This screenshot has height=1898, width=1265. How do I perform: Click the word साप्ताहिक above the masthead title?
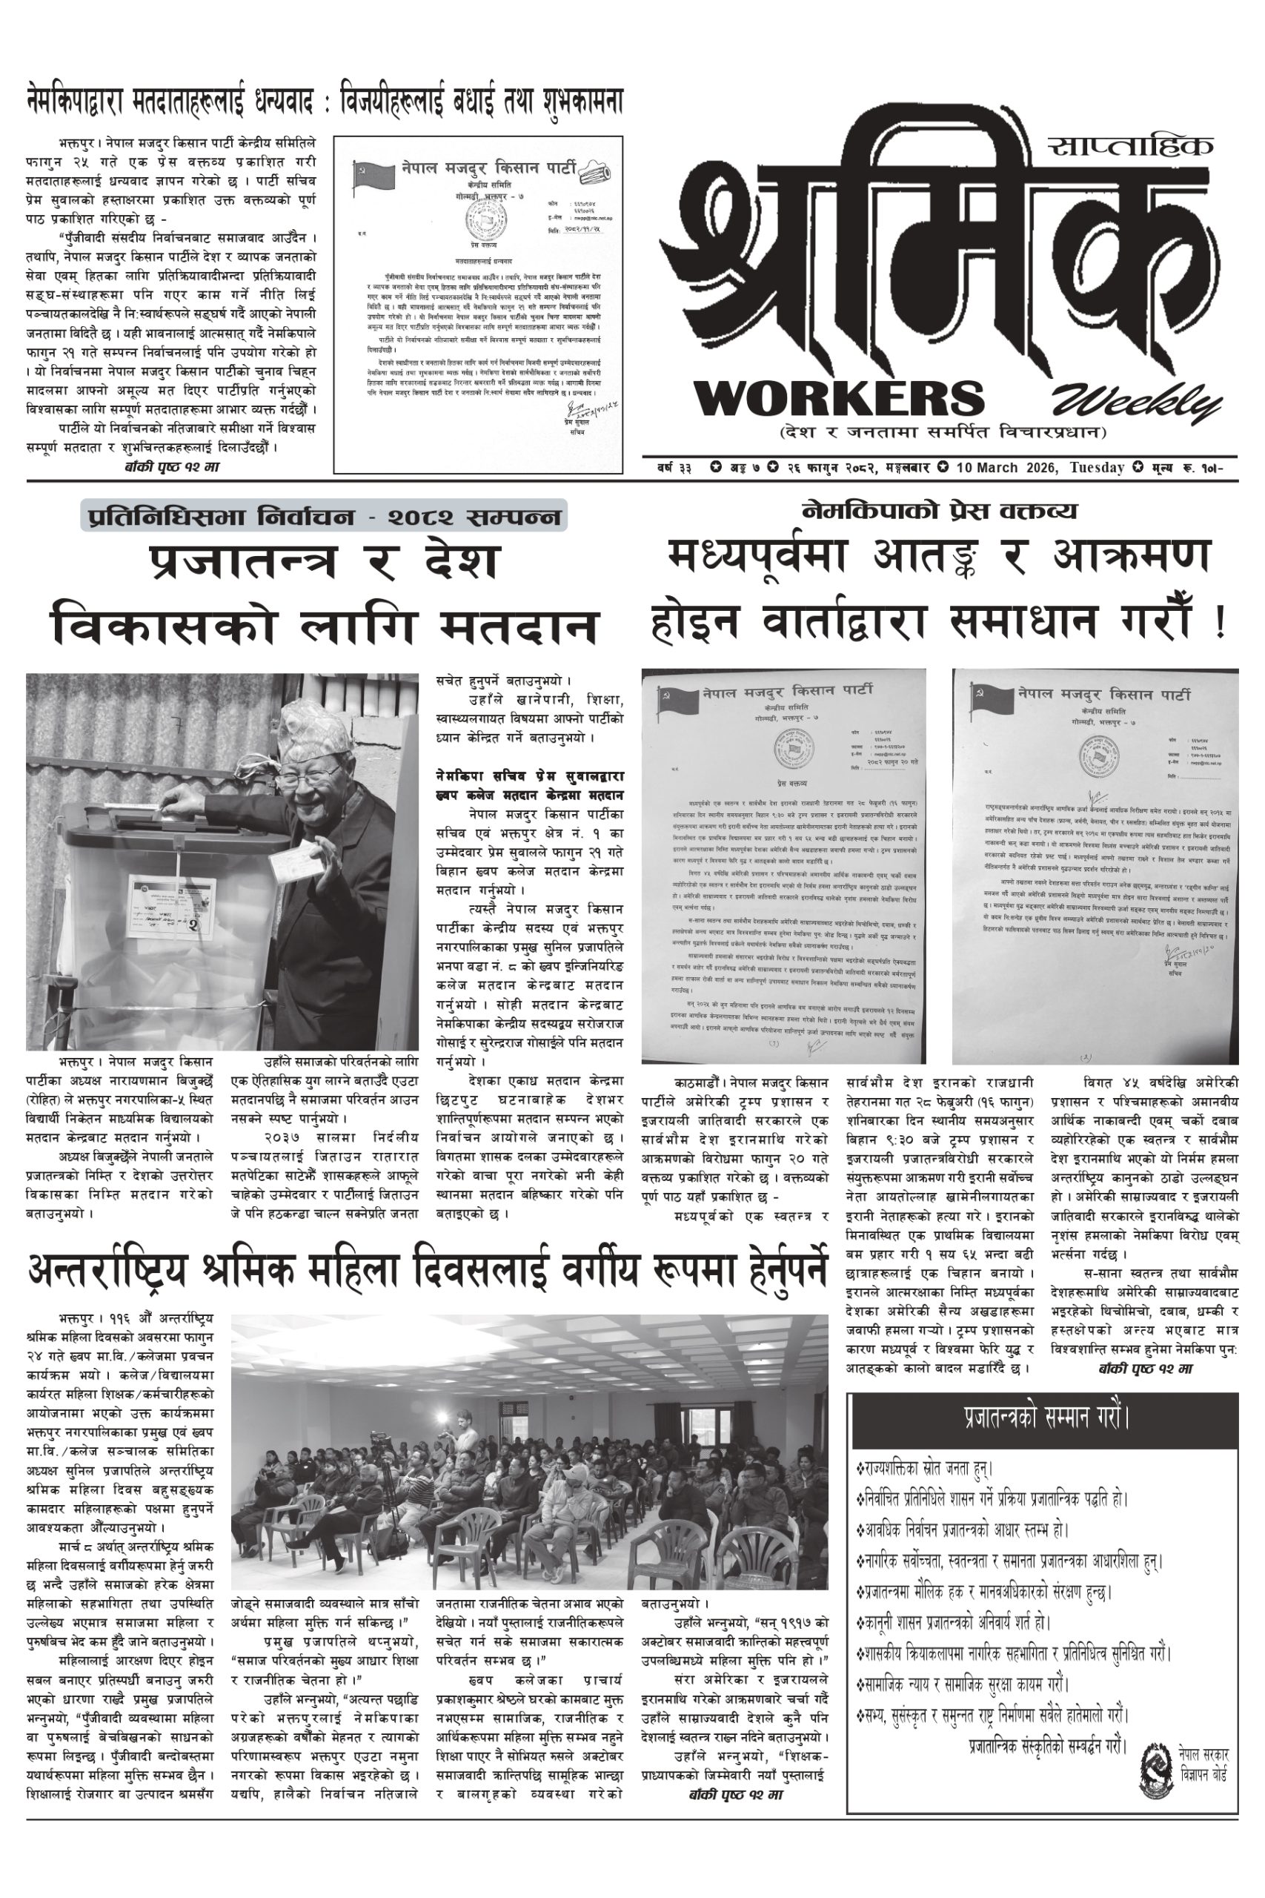pos(1131,146)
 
